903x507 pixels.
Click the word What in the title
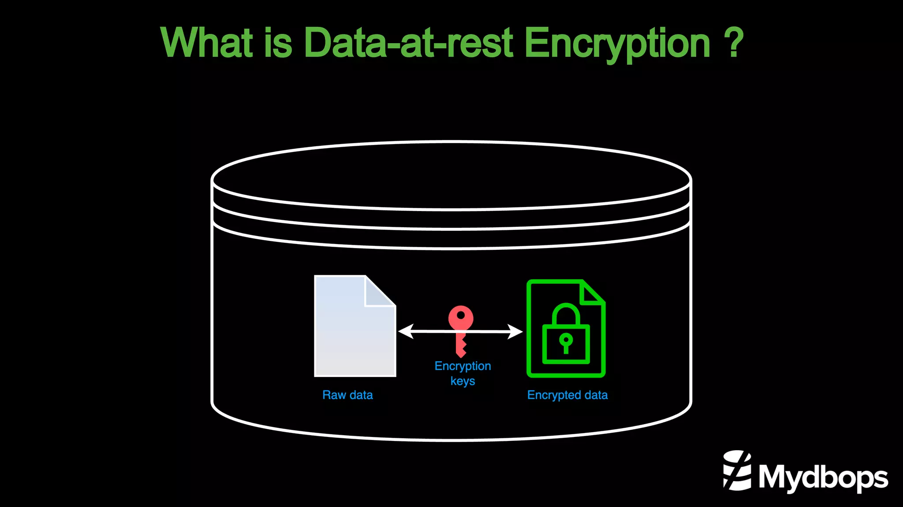click(x=207, y=43)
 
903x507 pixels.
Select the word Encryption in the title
click(x=617, y=43)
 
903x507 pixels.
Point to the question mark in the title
click(x=734, y=43)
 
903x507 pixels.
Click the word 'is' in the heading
click(x=278, y=43)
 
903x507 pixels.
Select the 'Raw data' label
click(x=347, y=395)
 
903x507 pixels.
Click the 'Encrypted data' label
click(x=567, y=395)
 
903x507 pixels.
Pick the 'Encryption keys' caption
click(x=463, y=373)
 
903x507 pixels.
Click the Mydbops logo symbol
click(x=737, y=470)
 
